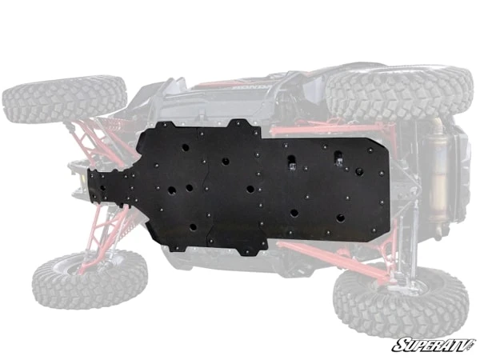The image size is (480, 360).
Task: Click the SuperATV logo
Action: [431, 345]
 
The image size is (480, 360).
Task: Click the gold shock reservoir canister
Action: [438, 171]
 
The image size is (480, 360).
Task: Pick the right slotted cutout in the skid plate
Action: [341, 158]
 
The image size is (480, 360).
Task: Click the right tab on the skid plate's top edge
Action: [241, 125]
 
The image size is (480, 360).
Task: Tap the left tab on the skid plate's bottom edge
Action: [179, 245]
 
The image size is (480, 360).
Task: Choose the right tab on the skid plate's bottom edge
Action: [249, 249]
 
